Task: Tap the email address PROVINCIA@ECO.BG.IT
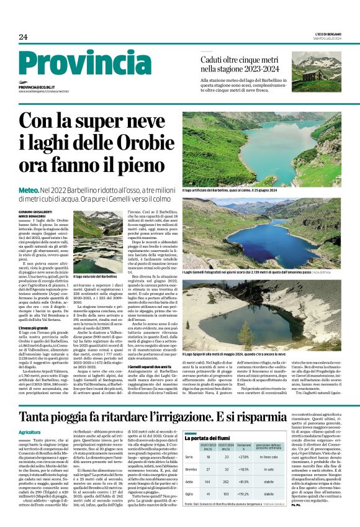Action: pyautogui.click(x=43, y=88)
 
